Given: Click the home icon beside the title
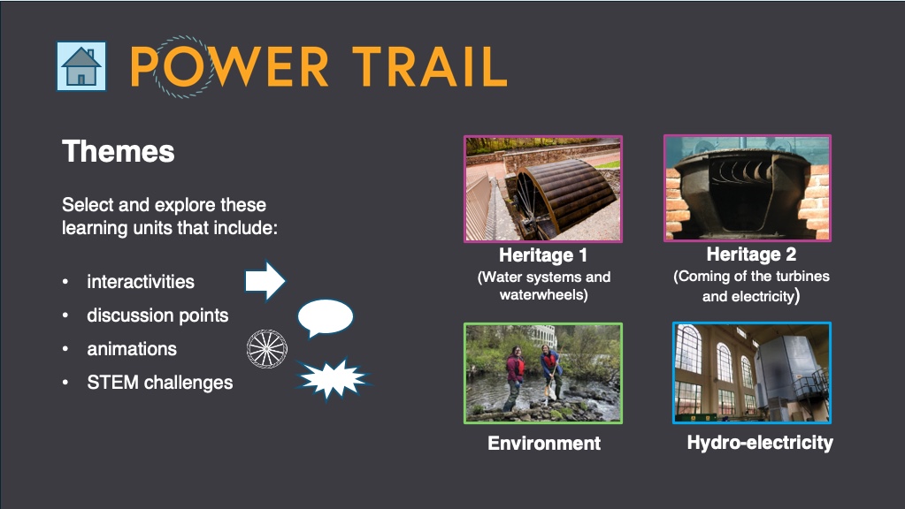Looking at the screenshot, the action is (81, 66).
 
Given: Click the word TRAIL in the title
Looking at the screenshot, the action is (429, 67).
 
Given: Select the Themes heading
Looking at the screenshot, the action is (119, 152).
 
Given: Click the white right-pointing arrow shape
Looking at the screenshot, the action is (265, 281).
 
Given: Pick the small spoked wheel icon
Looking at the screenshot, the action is (266, 349).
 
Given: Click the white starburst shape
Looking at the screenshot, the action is (333, 379).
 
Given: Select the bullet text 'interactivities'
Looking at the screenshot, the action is (141, 282).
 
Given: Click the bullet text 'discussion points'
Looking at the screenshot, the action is (157, 315).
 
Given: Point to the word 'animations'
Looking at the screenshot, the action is (132, 349).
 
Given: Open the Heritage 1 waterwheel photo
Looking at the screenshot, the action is (543, 189).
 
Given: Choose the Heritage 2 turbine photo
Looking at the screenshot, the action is (748, 188).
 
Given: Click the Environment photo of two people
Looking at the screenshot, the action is (543, 374).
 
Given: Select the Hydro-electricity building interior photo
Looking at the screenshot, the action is (751, 373).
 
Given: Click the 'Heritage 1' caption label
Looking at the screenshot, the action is (543, 254).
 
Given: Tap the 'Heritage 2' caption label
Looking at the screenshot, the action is (751, 254).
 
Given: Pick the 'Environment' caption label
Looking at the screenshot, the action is (544, 443).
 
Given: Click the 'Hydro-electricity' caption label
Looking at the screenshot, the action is (760, 442).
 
